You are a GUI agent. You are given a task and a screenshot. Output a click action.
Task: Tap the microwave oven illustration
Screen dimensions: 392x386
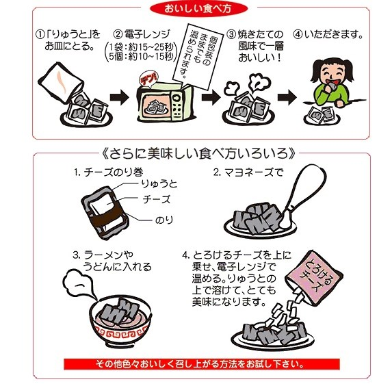pos(165,103)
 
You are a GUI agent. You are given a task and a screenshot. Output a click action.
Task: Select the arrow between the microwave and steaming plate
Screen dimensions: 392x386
pos(211,97)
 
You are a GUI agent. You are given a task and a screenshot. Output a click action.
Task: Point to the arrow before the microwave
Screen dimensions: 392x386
pos(120,97)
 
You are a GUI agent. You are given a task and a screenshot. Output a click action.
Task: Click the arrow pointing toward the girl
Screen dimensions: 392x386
pos(287,97)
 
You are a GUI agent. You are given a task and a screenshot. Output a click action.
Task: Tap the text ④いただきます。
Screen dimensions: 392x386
pos(328,34)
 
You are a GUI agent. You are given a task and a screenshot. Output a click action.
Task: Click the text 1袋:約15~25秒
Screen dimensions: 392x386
pos(141,47)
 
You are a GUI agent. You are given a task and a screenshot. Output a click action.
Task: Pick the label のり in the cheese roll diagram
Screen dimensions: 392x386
pos(164,220)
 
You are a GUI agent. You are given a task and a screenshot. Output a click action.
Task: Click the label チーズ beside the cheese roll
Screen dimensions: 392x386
pos(157,199)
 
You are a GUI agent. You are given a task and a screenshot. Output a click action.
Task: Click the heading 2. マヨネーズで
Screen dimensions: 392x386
pos(248,172)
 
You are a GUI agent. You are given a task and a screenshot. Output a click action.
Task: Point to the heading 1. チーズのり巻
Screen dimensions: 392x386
pos(109,172)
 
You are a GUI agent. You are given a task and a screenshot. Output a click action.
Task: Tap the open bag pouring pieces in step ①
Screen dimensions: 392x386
pos(61,82)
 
